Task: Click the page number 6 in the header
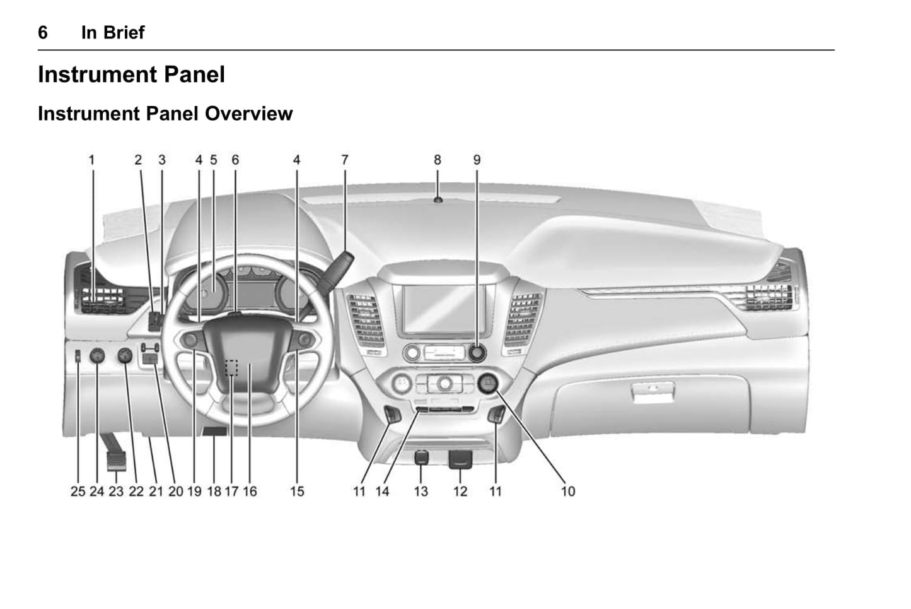click(x=43, y=33)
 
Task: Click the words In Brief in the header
click(x=113, y=33)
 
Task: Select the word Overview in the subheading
click(x=248, y=114)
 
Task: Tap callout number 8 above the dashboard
click(x=437, y=160)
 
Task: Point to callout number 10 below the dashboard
click(x=568, y=492)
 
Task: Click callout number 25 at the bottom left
click(x=78, y=492)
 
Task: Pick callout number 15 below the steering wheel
click(x=297, y=492)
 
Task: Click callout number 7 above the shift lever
click(x=344, y=160)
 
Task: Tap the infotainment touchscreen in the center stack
click(x=444, y=309)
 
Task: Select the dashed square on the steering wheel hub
click(x=231, y=367)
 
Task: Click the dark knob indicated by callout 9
click(x=477, y=353)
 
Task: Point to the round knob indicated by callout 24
click(x=97, y=356)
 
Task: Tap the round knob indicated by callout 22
click(x=125, y=356)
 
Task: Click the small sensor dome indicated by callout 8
click(x=438, y=200)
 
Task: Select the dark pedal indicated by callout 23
click(x=117, y=460)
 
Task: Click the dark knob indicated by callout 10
click(x=488, y=383)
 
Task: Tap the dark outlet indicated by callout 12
click(x=460, y=459)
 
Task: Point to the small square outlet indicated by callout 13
click(x=421, y=457)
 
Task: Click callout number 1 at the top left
click(x=92, y=160)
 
